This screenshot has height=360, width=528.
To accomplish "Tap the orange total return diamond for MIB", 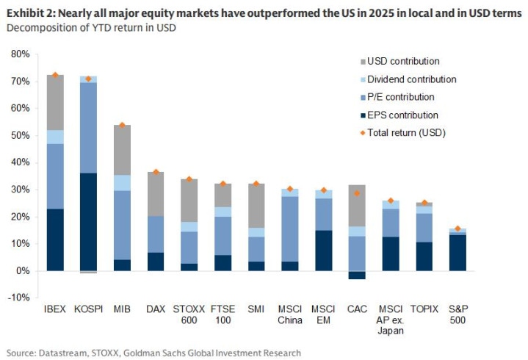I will click(x=123, y=126).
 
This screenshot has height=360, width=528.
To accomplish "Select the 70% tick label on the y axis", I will click(x=19, y=81).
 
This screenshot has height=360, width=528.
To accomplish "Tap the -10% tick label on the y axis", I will click(x=18, y=298).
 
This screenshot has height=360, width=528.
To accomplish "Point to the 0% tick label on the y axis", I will click(x=22, y=270).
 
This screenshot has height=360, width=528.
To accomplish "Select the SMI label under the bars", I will click(x=257, y=311).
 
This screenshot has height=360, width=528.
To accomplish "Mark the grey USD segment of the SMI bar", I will click(x=257, y=205).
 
